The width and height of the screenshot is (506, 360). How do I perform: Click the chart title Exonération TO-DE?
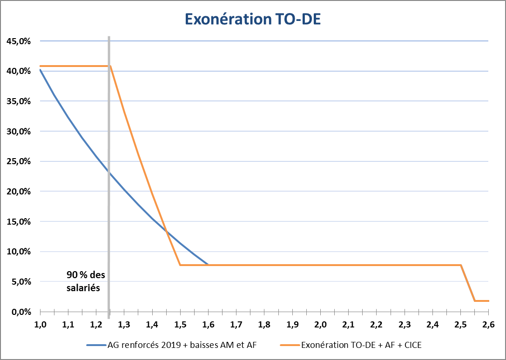pyautogui.click(x=253, y=19)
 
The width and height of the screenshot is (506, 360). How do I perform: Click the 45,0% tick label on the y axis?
pyautogui.click(x=19, y=41)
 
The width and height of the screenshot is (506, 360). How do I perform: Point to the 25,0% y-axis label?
pyautogui.click(x=19, y=161)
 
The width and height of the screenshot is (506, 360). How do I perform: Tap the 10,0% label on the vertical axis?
pyautogui.click(x=19, y=252)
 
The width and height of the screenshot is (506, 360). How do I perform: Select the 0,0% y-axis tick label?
pyautogui.click(x=20, y=312)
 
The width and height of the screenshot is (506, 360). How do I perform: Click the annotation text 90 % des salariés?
pyautogui.click(x=86, y=281)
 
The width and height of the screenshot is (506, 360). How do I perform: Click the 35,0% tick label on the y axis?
pyautogui.click(x=19, y=101)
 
